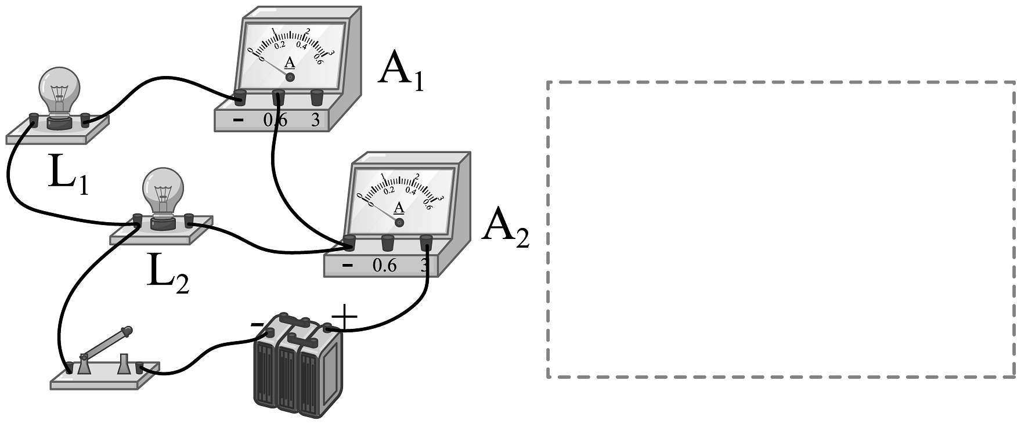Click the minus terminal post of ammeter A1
(x=240, y=97)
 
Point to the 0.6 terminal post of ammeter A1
(x=278, y=96)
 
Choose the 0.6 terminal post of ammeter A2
(x=387, y=240)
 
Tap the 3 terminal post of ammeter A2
(x=427, y=240)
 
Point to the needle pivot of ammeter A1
(x=290, y=77)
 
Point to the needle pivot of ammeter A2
(x=399, y=222)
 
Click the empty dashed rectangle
(x=781, y=230)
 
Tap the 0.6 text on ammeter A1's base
(x=275, y=120)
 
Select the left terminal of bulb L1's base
(x=34, y=120)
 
